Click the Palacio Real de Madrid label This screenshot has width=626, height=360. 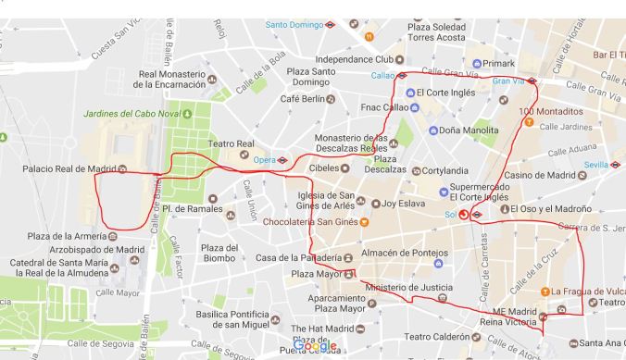69,168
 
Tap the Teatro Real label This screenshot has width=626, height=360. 231,143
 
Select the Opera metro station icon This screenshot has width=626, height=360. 282,160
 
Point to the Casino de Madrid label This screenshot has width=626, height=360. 539,175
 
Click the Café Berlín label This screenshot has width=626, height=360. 301,99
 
